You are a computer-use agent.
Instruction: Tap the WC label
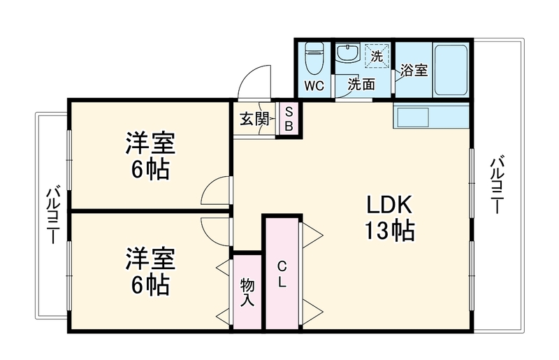pos(314,85)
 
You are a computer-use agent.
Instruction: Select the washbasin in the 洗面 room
pos(347,54)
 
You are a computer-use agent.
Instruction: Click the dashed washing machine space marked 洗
pos(377,56)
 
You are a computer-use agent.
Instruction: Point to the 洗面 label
pos(361,84)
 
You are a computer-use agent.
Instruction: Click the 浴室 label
pos(414,70)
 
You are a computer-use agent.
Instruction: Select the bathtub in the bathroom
pos(450,70)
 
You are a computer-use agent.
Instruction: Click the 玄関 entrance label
pos(254,119)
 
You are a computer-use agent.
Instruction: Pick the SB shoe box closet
pos(289,119)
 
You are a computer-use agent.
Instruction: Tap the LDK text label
pos(389,205)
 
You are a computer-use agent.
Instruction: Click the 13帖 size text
pos(389,231)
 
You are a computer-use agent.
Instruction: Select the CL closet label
pos(282,274)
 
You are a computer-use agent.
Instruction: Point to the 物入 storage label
pos(247,292)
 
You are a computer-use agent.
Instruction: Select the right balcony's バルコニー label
pos(497,185)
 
